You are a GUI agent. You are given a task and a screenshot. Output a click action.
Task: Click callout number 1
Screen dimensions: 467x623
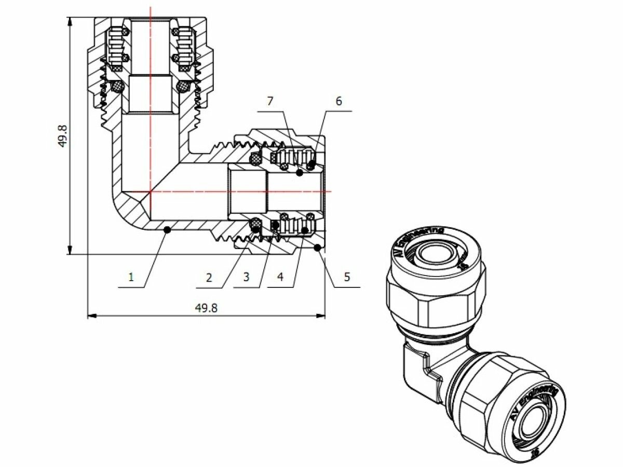point(131,277)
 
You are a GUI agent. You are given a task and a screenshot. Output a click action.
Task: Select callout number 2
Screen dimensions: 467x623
point(209,277)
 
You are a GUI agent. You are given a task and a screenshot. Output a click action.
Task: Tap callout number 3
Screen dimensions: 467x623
point(246,277)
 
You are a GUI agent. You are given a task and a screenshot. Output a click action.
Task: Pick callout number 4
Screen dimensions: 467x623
point(280,277)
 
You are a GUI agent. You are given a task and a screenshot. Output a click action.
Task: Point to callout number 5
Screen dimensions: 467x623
point(347,277)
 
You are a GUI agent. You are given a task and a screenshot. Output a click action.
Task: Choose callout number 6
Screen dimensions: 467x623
point(338,101)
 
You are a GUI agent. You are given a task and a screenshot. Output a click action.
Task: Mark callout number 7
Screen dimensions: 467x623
point(269,101)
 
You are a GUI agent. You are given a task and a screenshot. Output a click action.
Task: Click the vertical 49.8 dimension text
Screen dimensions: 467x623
point(62,136)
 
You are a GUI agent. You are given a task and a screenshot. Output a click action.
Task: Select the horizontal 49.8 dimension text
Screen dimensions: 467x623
point(206,307)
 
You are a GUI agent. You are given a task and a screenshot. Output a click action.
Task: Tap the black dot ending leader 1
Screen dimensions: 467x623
point(166,229)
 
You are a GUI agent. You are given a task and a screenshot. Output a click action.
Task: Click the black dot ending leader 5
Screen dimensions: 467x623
point(318,249)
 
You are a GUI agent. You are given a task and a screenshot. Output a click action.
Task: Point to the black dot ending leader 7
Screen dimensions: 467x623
point(300,172)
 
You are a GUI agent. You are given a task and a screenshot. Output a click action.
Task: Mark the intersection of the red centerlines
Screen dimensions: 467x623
point(150,191)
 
